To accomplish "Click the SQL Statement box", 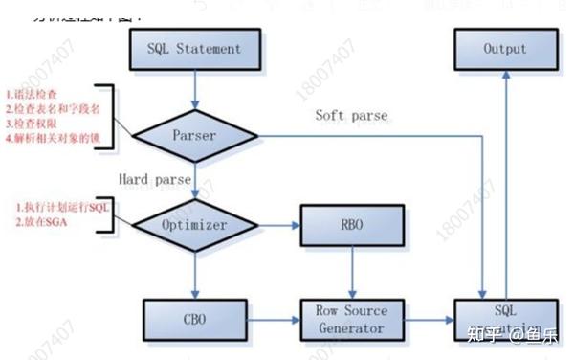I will pos(194,49).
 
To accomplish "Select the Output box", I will pos(504,49).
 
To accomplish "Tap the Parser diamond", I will pos(194,136).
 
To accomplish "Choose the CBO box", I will pos(194,320).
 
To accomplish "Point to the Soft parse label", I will pos(352,116).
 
